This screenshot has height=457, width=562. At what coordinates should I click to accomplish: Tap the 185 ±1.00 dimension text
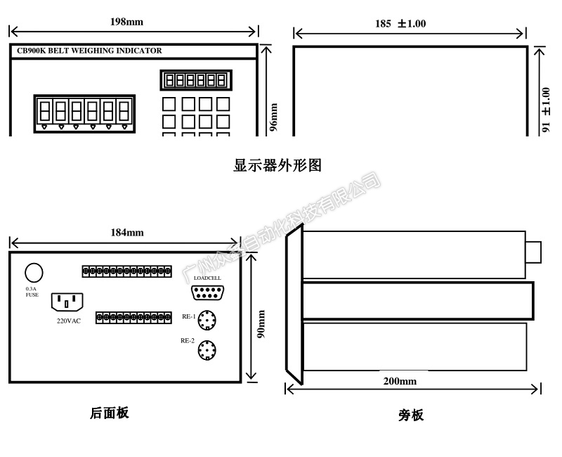coord(400,23)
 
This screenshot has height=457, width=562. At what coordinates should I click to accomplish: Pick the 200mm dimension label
coord(400,381)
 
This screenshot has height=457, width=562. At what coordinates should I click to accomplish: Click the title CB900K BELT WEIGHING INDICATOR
coord(89,51)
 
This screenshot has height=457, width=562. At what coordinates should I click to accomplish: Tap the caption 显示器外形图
coord(277,166)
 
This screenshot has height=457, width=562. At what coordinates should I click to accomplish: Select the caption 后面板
coord(110,413)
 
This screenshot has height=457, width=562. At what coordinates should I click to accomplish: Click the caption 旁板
coord(411,415)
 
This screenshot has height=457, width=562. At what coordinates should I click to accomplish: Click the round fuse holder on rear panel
coord(32,273)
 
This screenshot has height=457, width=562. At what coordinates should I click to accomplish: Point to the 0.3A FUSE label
coord(32,292)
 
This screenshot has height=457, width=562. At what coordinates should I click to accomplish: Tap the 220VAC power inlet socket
coord(67,303)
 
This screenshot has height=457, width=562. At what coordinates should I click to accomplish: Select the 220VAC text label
coord(70,321)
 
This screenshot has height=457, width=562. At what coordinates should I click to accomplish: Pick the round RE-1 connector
coord(207,320)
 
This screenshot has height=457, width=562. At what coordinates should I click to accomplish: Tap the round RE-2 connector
coord(207,349)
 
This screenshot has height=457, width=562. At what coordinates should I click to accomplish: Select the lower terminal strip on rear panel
coord(133,317)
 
